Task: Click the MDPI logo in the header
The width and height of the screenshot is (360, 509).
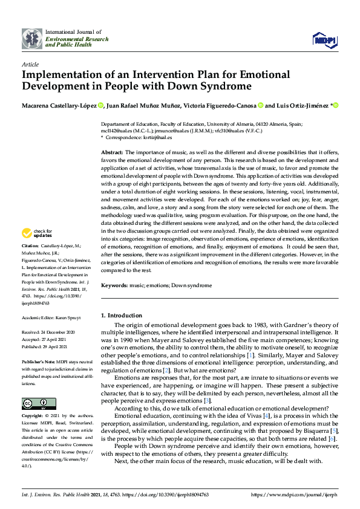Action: pyautogui.click(x=324, y=39)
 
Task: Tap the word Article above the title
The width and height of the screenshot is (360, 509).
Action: pyautogui.click(x=30, y=64)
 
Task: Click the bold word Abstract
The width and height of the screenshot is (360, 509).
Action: pyautogui.click(x=112, y=152)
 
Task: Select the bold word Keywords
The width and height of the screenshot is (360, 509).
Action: pyautogui.click(x=115, y=284)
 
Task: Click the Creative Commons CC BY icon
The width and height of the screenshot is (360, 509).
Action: pyautogui.click(x=39, y=386)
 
